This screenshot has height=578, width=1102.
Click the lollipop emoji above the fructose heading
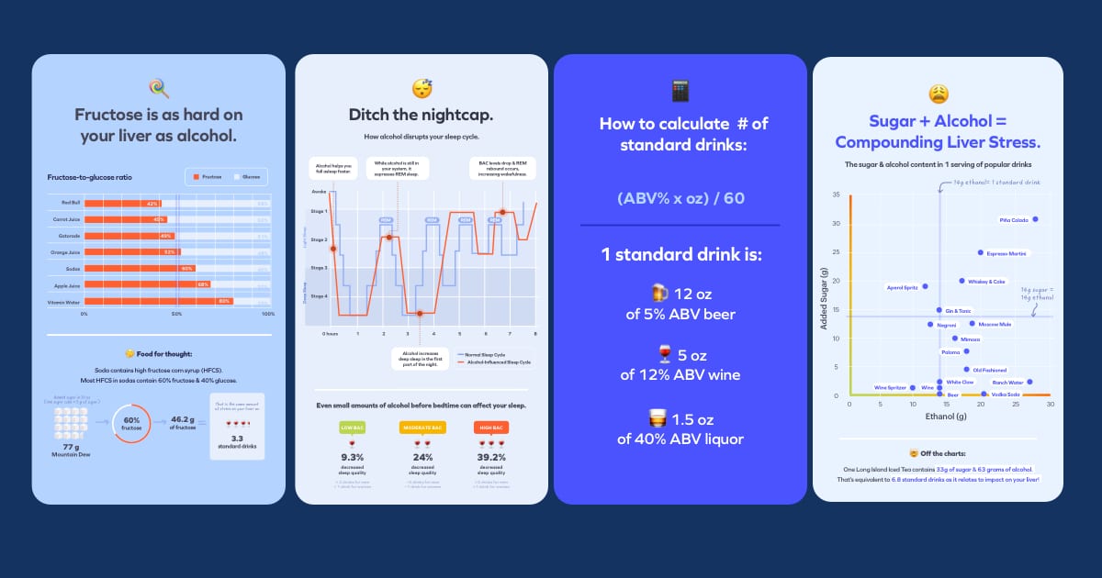(x=159, y=88)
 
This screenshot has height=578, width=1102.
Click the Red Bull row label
(x=72, y=203)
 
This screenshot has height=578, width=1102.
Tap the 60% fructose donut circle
(x=132, y=422)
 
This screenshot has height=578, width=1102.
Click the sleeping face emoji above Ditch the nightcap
(x=422, y=88)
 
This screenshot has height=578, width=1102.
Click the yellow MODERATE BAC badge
(x=422, y=428)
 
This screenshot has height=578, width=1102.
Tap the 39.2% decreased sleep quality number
(x=491, y=457)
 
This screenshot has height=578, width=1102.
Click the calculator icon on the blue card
(x=680, y=90)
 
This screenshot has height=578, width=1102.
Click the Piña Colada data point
(x=1035, y=219)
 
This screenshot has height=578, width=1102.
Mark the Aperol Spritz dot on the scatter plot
(x=925, y=286)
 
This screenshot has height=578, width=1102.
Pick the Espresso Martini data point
(x=981, y=252)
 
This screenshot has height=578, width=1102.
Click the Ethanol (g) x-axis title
(x=950, y=417)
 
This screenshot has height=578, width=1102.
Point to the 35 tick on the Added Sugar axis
(x=836, y=195)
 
